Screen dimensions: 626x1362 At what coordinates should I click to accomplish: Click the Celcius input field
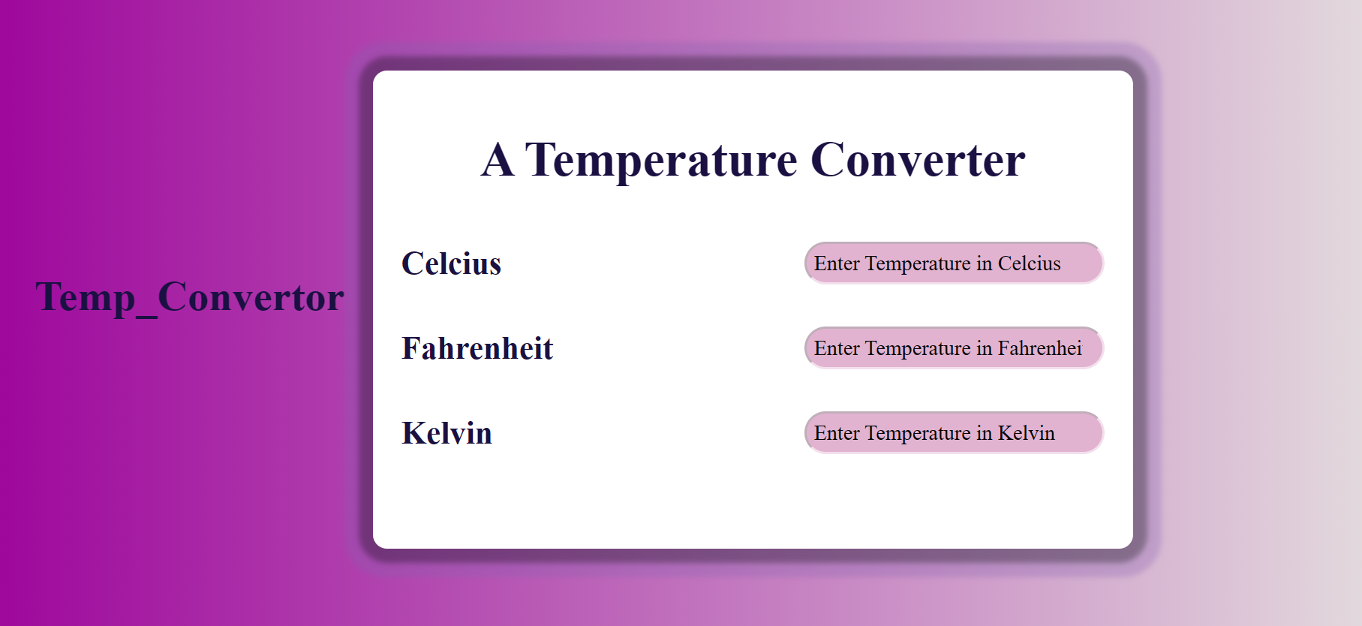(x=954, y=263)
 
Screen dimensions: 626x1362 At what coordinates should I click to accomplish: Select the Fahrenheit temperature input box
(x=954, y=348)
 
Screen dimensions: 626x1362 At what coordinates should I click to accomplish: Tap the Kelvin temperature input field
(x=954, y=433)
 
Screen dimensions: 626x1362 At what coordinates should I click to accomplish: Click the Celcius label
(x=451, y=264)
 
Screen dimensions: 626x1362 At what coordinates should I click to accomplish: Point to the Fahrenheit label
(x=477, y=349)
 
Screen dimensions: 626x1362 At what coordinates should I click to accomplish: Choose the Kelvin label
(x=446, y=434)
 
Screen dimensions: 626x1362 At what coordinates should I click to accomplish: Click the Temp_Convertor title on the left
(x=190, y=298)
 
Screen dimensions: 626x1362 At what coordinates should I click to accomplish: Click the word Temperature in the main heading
(x=661, y=160)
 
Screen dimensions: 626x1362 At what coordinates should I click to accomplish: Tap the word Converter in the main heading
(x=918, y=160)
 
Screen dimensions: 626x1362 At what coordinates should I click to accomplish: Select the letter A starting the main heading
(x=498, y=160)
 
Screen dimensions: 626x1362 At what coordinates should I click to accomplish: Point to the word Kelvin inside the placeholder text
(x=1026, y=434)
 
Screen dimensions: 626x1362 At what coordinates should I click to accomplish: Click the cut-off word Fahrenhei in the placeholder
(x=1039, y=349)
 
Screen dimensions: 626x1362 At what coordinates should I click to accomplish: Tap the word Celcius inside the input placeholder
(x=1029, y=264)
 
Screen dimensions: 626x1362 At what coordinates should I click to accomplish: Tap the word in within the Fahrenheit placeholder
(x=984, y=349)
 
